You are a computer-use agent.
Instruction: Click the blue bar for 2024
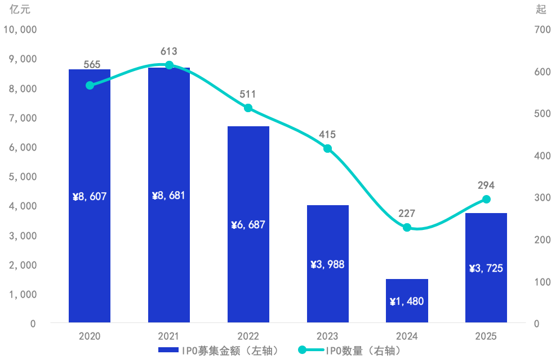(407, 300)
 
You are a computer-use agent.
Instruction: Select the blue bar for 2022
(248, 224)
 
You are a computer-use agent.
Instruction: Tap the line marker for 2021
(169, 65)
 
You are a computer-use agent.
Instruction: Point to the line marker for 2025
(486, 200)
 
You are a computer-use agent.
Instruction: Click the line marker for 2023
(327, 149)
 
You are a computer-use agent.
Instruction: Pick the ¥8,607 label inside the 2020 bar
(89, 197)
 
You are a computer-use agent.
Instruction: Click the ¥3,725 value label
(486, 268)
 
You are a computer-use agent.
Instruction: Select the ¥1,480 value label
(407, 301)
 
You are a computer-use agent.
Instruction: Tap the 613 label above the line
(168, 51)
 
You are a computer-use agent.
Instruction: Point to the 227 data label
(407, 214)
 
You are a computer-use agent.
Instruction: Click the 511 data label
(248, 94)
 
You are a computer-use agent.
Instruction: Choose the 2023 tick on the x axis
(327, 336)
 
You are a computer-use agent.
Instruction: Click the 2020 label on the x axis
(89, 336)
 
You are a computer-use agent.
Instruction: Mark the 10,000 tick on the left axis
(20, 30)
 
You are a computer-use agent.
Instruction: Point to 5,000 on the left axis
(23, 177)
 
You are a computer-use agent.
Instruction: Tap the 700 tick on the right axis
(543, 30)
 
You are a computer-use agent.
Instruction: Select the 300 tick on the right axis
(543, 198)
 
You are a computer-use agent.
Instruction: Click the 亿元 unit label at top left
(20, 9)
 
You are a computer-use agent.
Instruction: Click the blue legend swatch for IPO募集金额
(168, 350)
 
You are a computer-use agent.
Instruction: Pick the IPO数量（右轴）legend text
(363, 351)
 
